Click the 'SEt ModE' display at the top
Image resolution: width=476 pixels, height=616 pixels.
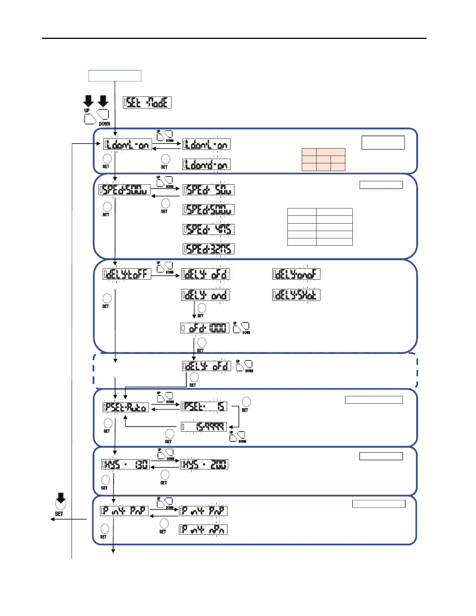pos(147,103)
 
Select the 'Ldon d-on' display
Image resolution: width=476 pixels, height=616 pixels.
pos(206,164)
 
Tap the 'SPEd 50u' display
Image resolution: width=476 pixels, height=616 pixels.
pos(209,190)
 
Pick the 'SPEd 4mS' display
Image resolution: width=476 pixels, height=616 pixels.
pos(209,229)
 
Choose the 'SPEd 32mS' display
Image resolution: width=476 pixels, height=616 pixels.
pos(209,249)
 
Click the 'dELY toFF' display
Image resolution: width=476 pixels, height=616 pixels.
pos(127,274)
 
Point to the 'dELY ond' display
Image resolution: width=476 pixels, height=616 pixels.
pos(205,295)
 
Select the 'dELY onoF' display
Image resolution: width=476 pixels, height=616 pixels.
pos(296,274)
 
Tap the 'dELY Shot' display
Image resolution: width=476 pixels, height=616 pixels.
pos(296,295)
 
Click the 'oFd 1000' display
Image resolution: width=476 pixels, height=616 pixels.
pos(205,328)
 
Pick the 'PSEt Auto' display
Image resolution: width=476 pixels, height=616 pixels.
pos(126,407)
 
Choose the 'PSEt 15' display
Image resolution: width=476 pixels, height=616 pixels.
pos(204,406)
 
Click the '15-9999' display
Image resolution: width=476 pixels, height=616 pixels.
pos(204,427)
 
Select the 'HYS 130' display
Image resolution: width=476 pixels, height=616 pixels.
pos(126,464)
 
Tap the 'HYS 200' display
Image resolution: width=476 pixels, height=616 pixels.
pos(204,464)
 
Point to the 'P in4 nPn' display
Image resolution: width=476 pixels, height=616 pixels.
pos(203,529)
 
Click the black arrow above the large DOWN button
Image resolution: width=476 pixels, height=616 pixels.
pos(103,101)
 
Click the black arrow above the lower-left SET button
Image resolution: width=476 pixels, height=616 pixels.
pos(61,497)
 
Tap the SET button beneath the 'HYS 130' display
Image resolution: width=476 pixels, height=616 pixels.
pos(105,480)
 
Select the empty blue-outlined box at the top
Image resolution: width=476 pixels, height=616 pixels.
pos(115,76)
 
